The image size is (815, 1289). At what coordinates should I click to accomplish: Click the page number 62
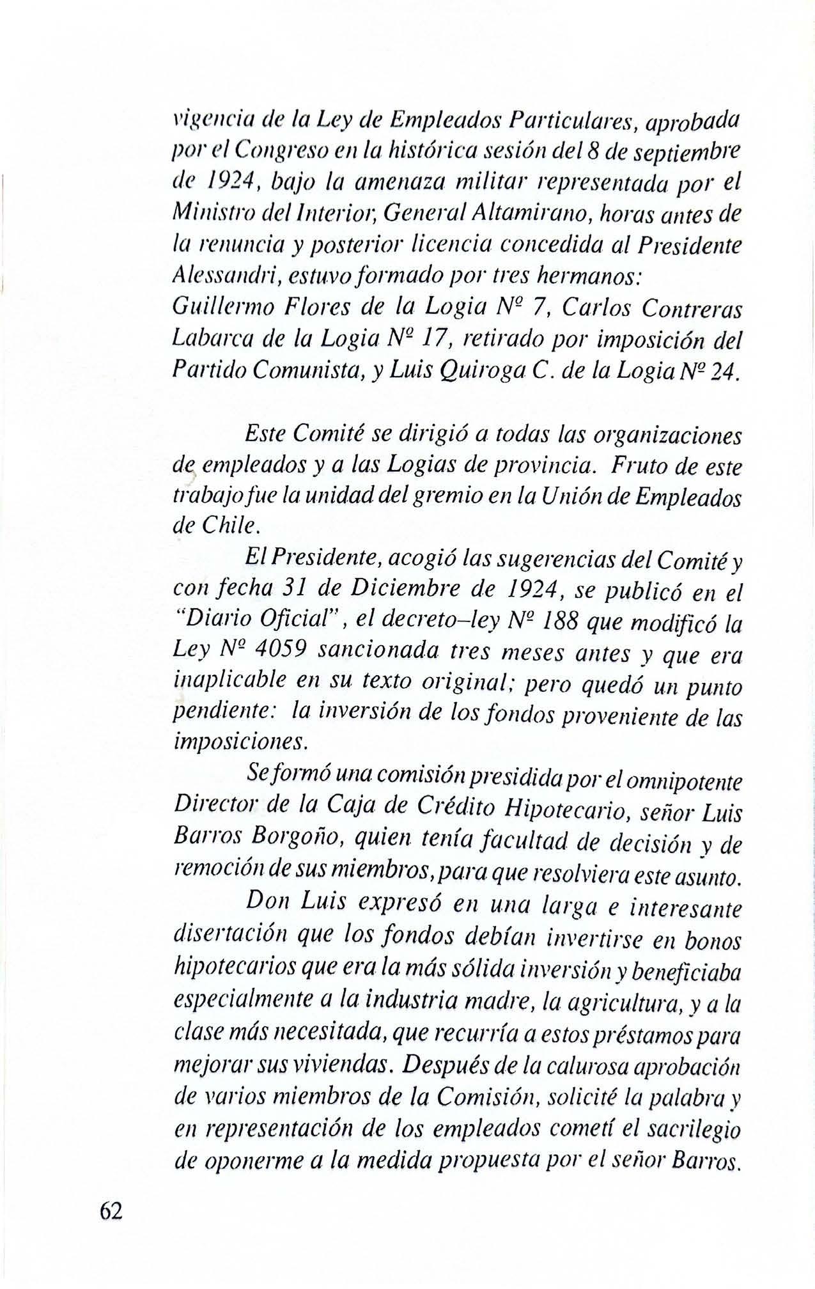coord(110,1211)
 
